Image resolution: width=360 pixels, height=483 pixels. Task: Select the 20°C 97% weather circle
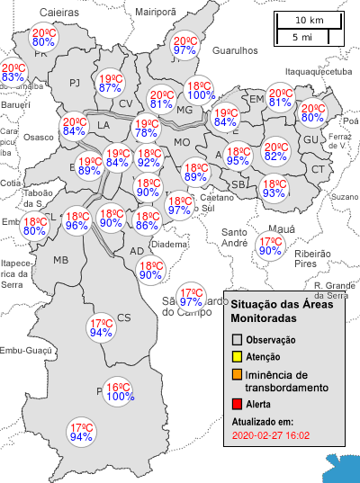coord(185,46)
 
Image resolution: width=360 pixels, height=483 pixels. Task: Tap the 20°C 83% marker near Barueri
coord(13,73)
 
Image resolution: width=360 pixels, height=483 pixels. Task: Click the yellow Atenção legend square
coord(237,357)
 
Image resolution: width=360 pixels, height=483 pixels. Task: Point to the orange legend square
coord(237,375)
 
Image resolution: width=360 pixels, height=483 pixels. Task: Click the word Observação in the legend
coord(271,340)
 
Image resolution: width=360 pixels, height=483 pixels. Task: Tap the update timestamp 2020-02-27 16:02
coord(270,435)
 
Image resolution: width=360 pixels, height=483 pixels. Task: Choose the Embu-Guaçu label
coord(24,351)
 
